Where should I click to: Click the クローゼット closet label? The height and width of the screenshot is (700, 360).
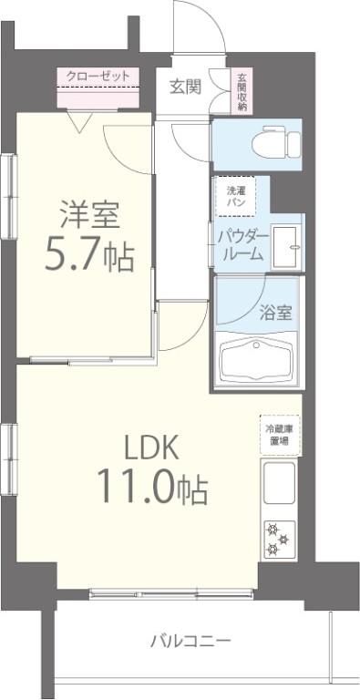[x=98, y=77]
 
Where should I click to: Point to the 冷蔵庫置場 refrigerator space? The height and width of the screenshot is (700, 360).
[x=278, y=434]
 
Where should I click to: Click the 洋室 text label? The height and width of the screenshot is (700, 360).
[x=90, y=217]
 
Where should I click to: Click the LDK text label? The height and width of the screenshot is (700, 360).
[x=152, y=447]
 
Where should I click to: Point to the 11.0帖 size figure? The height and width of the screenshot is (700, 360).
[x=152, y=489]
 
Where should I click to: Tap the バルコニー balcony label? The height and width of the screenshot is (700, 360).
[x=190, y=640]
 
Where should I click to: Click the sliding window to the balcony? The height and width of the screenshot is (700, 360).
[x=173, y=595]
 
